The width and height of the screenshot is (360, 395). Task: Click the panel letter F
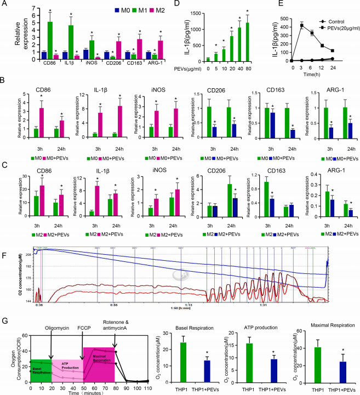coord(4,239)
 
